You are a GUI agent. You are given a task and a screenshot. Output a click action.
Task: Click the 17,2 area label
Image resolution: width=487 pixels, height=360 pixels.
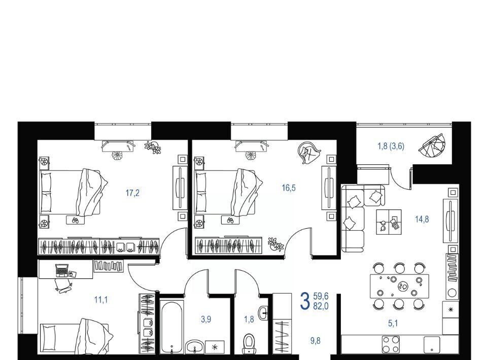pos(132,193)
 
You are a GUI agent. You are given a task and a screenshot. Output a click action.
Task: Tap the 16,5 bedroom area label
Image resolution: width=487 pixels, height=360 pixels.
pos(289,188)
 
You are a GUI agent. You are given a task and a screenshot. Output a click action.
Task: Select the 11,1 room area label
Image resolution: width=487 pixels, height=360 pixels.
pos(101,300)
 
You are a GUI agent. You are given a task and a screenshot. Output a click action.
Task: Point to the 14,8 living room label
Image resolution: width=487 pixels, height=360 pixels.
pos(422,220)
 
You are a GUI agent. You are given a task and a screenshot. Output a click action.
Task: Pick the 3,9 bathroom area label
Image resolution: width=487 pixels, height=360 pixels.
pos(206,319)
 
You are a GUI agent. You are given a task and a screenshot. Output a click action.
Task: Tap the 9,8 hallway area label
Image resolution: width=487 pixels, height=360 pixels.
pos(315,341)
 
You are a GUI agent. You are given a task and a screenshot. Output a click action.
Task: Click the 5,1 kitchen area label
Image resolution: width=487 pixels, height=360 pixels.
pos(393,323)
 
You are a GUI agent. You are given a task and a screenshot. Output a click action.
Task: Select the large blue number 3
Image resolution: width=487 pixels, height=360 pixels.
pos(305,301)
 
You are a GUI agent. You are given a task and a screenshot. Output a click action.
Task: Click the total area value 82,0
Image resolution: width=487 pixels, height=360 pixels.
pos(321,307)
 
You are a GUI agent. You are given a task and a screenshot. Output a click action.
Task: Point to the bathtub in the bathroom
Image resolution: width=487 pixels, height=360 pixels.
pos(172,326)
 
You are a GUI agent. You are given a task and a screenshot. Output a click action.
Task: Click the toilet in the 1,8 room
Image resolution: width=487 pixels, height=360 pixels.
pos(249,343)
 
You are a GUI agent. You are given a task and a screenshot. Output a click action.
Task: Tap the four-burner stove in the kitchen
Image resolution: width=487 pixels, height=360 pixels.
pos(391,344)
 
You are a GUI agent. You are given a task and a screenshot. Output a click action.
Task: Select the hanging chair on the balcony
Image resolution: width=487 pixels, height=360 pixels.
pos(432,146)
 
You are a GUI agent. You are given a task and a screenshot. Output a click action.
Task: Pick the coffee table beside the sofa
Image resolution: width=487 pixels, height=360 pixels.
pos(389,222)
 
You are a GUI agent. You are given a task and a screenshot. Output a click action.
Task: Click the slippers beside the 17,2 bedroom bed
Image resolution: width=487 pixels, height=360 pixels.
pos(75,220)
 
